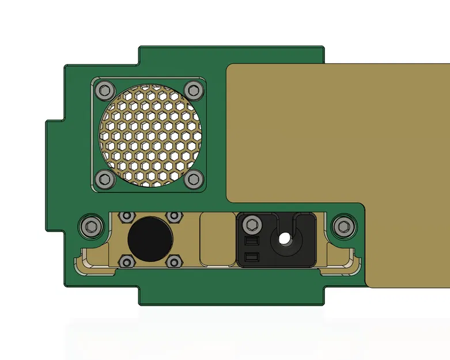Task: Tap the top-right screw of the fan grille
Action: coord(194,90)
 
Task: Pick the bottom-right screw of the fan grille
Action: coord(194,179)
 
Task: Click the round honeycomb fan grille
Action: coord(149,134)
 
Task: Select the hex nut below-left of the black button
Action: coord(125,263)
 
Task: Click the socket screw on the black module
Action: coord(251,224)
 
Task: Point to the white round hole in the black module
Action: coord(283,238)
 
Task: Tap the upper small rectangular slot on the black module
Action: coord(251,240)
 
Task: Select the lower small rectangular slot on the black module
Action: coord(251,256)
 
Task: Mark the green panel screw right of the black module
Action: coord(344,225)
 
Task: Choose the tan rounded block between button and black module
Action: coord(217,239)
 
